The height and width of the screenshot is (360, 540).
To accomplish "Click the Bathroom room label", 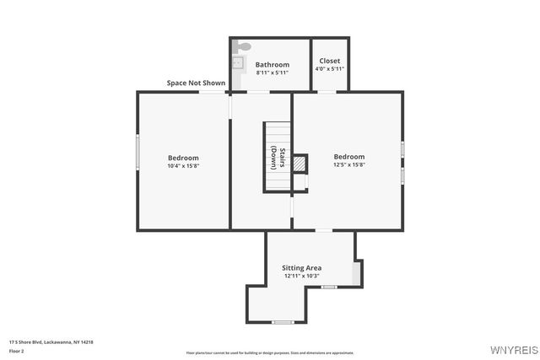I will tap(272, 64).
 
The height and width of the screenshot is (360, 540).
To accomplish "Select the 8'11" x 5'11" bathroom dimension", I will tap(272, 73).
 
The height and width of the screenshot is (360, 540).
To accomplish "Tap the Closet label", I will tap(330, 61).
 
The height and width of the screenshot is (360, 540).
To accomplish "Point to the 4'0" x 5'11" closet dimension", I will tap(330, 69).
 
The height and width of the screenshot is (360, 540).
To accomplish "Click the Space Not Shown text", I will tap(196, 83).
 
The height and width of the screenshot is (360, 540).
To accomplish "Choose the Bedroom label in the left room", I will tap(183, 158).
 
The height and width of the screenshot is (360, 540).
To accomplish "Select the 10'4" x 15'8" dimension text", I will tap(183, 166).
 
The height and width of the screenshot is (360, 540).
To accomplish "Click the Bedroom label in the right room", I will tap(348, 156).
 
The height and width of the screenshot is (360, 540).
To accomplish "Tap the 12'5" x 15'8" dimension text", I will tap(348, 165).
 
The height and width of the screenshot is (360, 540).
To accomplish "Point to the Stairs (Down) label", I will tap(278, 159).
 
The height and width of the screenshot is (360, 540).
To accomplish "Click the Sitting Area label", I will tap(301, 267).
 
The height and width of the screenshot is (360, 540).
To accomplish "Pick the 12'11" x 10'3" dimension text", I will tap(301, 276).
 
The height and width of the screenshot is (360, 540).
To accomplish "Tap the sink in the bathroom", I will tap(238, 62).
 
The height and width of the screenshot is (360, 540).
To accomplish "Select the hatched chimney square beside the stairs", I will tap(299, 164).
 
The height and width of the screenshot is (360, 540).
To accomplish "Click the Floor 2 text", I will tap(17, 350).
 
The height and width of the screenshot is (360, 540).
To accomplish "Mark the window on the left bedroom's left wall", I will tap(138, 153).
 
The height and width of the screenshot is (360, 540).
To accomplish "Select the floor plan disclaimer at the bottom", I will tap(270, 353).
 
